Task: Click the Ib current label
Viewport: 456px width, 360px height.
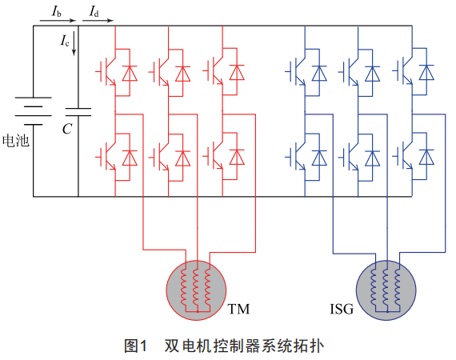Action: pyautogui.click(x=57, y=11)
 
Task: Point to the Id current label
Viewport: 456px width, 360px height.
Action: pyautogui.click(x=94, y=11)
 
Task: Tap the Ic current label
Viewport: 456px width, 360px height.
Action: pyautogui.click(x=65, y=41)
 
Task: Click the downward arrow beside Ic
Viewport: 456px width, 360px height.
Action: pyautogui.click(x=74, y=43)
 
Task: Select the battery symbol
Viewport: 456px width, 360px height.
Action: pyautogui.click(x=33, y=111)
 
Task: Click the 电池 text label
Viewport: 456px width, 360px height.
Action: pyautogui.click(x=16, y=141)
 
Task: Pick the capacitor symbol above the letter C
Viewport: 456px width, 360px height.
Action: pyautogui.click(x=78, y=112)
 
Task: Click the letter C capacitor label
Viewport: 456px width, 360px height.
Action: pyautogui.click(x=67, y=129)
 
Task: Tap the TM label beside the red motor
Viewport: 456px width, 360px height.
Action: pyautogui.click(x=238, y=309)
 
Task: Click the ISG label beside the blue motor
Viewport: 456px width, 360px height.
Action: pyautogui.click(x=342, y=309)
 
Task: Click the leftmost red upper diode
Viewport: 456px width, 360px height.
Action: pyautogui.click(x=130, y=74)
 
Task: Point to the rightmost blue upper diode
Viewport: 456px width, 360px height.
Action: pyautogui.click(x=426, y=73)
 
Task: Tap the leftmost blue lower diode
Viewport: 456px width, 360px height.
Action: pyautogui.click(x=319, y=158)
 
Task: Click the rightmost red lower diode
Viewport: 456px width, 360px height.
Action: pyautogui.click(x=237, y=158)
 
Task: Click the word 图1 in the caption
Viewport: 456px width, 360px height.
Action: pyautogui.click(x=136, y=346)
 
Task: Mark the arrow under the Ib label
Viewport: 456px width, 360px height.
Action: pyautogui.click(x=58, y=21)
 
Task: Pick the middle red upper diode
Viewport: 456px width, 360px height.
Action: pyautogui.click(x=183, y=74)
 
